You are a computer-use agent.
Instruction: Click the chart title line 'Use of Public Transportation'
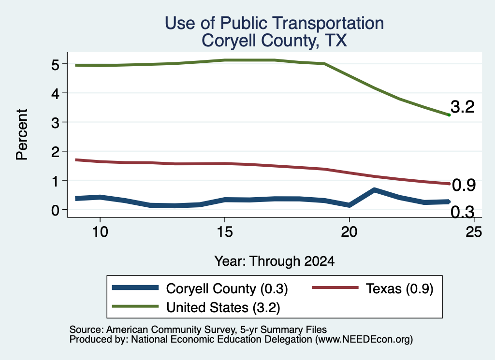pos(275,23)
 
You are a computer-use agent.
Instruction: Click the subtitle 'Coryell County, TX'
pos(275,41)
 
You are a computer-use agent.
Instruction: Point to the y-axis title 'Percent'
pos(22,134)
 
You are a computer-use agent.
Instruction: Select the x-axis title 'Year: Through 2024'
pos(275,261)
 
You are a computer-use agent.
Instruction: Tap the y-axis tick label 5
pos(55,65)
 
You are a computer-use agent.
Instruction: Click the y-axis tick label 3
pos(55,123)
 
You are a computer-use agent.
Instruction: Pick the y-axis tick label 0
pos(55,210)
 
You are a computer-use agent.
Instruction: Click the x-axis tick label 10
pos(100,232)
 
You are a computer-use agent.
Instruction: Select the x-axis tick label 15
pos(225,232)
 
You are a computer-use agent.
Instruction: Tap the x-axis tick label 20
pos(349,232)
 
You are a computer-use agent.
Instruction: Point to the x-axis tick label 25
pos(474,232)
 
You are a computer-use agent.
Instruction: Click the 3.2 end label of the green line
pos(463,107)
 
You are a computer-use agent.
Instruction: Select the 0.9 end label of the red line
pos(464,185)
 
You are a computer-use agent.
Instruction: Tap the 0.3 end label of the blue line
pos(463,212)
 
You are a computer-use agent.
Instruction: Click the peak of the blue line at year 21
pos(374,190)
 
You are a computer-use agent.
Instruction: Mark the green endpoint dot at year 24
pos(449,115)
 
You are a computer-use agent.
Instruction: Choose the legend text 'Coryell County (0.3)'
pos(227,288)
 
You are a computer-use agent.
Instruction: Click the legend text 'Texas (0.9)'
pos(400,288)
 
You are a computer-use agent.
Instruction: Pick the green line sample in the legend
pos(135,306)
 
